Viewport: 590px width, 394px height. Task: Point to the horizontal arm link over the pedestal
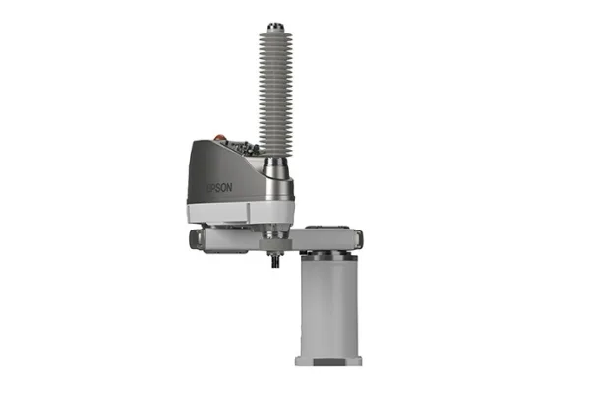point(329,236)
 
